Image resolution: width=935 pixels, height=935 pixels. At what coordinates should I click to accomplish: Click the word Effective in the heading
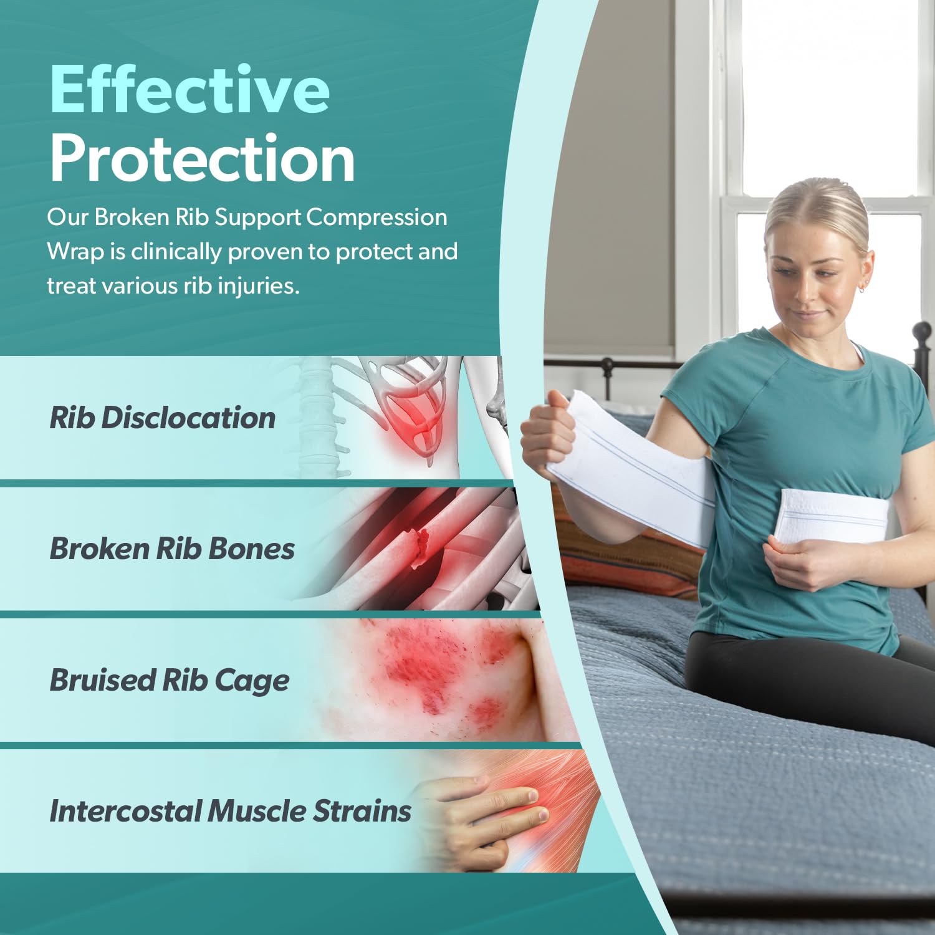(x=189, y=90)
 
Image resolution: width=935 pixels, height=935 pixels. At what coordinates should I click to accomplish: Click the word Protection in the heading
(x=202, y=158)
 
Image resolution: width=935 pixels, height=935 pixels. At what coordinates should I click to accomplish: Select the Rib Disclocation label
(x=162, y=418)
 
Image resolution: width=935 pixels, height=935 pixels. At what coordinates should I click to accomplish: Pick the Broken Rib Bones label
(x=172, y=549)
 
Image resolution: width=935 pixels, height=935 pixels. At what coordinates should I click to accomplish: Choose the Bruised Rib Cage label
(x=169, y=680)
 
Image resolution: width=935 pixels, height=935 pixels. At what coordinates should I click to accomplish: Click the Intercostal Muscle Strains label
(x=230, y=811)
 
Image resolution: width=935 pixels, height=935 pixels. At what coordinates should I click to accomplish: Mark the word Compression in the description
(x=376, y=218)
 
